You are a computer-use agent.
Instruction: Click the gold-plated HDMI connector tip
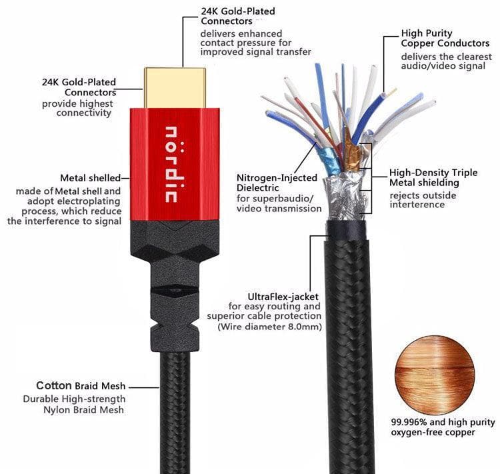(174, 87)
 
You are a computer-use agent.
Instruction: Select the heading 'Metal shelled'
(90, 178)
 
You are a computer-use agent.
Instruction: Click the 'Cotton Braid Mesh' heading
(81, 386)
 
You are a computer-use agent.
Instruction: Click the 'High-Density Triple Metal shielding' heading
(433, 177)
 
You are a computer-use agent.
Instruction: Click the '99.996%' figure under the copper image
(409, 422)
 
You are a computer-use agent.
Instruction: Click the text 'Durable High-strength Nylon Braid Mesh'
(83, 405)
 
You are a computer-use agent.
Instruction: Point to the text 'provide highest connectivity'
(77, 109)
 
